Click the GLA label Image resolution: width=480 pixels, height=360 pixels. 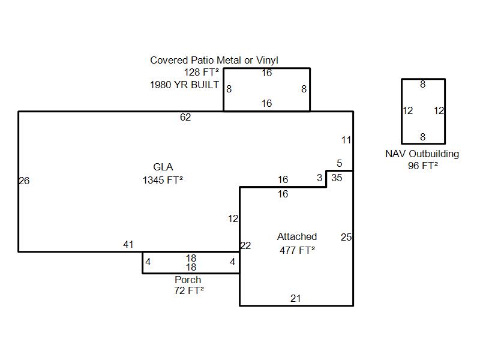(x=163, y=167)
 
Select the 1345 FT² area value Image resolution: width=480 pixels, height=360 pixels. (x=163, y=180)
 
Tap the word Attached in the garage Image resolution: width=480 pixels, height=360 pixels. (x=297, y=237)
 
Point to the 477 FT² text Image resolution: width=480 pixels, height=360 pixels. (x=297, y=251)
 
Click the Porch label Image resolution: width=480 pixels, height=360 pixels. (x=188, y=280)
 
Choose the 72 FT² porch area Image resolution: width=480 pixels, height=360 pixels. (x=189, y=291)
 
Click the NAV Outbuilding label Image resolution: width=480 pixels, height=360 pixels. (x=422, y=154)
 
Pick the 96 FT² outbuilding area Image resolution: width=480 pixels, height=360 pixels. (x=422, y=166)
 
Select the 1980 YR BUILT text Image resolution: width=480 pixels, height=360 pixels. (x=184, y=85)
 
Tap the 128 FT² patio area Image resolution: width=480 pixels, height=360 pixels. (x=201, y=73)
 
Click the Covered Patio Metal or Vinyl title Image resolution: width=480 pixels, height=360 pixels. (x=214, y=61)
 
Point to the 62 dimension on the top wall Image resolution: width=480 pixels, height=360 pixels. (x=185, y=118)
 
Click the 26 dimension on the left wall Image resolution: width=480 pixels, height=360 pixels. (x=24, y=181)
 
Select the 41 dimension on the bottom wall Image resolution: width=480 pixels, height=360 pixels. (x=128, y=244)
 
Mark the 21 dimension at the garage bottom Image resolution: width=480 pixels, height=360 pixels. (x=295, y=298)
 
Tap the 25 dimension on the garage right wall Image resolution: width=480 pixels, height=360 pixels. (x=346, y=238)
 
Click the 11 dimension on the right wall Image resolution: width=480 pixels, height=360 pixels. (x=346, y=140)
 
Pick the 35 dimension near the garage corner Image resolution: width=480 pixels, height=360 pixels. (x=337, y=178)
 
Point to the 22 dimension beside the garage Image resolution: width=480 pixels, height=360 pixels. (x=245, y=245)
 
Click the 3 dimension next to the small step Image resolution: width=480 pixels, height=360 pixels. (x=319, y=178)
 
